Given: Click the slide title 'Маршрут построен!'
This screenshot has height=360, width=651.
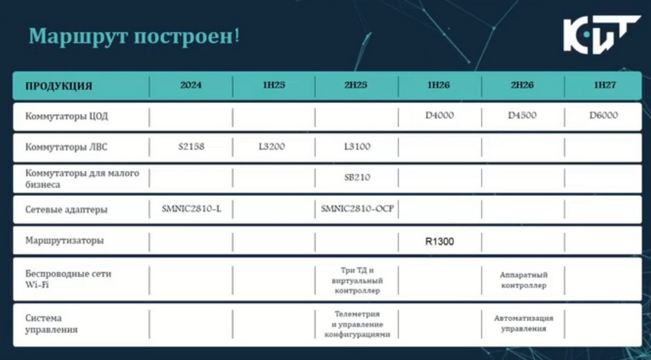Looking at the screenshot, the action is click(134, 36).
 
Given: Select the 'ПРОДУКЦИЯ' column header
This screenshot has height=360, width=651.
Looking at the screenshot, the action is click(59, 87).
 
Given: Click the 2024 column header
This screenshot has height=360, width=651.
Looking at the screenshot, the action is click(191, 85).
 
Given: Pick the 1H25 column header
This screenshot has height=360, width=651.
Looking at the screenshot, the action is click(273, 85).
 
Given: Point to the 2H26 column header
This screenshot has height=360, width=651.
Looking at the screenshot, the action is click(522, 85).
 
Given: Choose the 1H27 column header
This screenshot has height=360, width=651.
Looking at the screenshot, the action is click(605, 85).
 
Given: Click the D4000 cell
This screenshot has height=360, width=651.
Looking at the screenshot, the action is click(439, 115).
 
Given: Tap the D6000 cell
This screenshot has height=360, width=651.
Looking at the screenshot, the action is click(603, 115).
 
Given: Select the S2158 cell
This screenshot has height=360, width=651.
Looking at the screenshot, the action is click(191, 146).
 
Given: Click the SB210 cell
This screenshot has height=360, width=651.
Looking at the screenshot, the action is click(357, 178).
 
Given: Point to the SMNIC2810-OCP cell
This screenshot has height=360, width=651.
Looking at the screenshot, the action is click(357, 209).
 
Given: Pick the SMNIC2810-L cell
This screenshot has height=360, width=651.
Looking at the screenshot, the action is click(191, 209).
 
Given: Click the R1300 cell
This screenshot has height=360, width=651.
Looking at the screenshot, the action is click(439, 242).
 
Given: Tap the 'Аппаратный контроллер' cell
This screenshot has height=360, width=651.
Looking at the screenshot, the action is click(523, 281).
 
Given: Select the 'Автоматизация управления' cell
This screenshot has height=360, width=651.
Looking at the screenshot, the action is click(523, 324).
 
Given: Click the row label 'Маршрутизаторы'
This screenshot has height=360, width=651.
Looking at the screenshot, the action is click(64, 240).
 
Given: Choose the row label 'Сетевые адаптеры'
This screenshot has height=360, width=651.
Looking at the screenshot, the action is click(66, 209).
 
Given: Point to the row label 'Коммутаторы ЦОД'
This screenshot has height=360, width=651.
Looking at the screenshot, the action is click(66, 116).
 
